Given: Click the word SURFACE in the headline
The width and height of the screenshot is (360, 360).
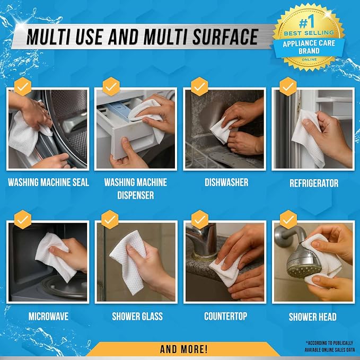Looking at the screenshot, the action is (x=225, y=37).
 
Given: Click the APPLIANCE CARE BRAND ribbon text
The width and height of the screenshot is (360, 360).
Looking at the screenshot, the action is (x=309, y=47).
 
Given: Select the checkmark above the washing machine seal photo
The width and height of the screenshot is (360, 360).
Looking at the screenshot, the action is (x=23, y=86).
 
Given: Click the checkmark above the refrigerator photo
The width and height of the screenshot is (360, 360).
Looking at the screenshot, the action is (x=288, y=86).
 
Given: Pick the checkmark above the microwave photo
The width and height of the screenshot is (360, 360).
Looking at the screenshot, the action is (x=23, y=219).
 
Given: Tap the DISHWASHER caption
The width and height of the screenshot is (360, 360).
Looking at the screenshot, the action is (x=226, y=182).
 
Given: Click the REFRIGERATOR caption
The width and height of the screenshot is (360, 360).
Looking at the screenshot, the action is (x=314, y=183).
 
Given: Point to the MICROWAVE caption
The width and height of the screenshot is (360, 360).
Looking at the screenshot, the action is (x=48, y=317).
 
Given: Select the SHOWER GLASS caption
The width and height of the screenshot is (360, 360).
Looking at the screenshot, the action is (x=137, y=317).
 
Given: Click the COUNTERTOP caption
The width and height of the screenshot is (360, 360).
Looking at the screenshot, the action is (x=226, y=316).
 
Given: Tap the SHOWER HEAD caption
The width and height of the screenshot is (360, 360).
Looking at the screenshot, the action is (x=313, y=317).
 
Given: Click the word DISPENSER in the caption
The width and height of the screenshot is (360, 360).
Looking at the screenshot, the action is (x=135, y=195).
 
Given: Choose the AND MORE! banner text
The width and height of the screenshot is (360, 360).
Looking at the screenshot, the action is (x=183, y=349).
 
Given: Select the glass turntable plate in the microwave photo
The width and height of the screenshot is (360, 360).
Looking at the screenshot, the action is (x=64, y=287).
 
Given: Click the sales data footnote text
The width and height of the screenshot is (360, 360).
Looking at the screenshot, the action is (x=329, y=346).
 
